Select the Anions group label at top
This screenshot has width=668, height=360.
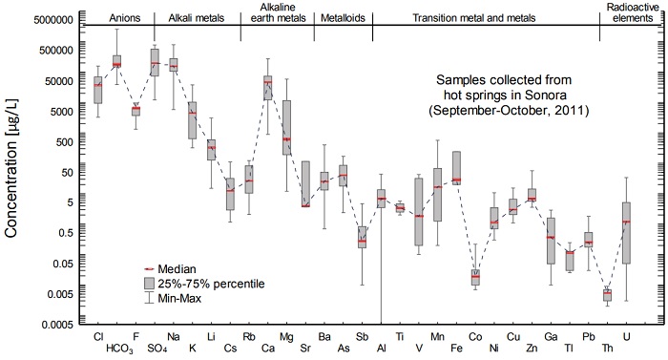tap(98, 18)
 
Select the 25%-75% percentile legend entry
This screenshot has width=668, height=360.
tap(211, 284)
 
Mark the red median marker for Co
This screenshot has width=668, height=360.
tap(475, 277)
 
